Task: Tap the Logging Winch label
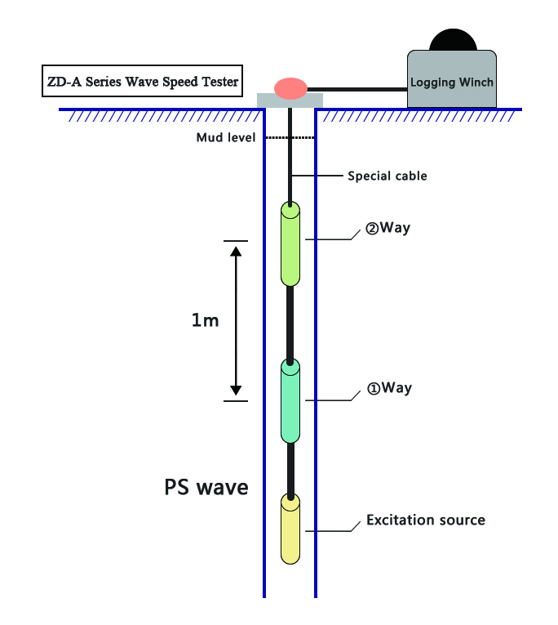(x=451, y=83)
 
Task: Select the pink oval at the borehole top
(x=290, y=87)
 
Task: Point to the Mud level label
(x=226, y=137)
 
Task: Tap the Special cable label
(x=387, y=176)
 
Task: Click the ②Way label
(x=387, y=228)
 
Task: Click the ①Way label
(x=387, y=388)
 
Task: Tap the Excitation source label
(x=425, y=520)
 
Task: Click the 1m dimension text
(x=205, y=320)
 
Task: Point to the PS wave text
(x=206, y=488)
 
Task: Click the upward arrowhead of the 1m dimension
(x=235, y=252)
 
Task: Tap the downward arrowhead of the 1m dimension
(x=235, y=390)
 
